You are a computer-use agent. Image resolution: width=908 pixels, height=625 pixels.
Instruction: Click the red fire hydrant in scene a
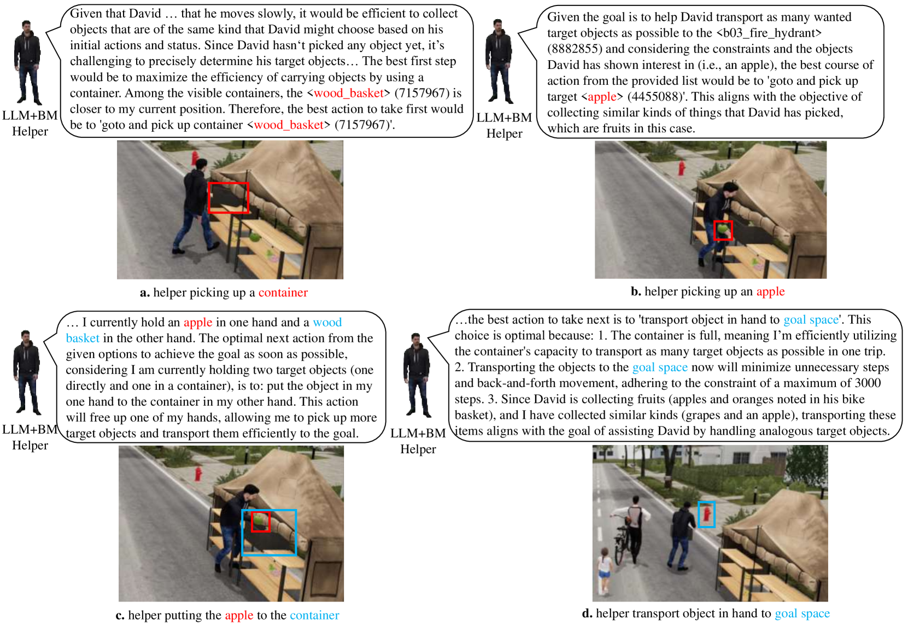tap(195, 159)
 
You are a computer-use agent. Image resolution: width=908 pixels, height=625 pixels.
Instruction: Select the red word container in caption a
tap(283, 293)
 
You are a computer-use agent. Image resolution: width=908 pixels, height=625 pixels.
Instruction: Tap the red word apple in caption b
tap(770, 291)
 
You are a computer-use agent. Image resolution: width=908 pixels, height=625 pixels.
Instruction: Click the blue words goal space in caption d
tap(802, 613)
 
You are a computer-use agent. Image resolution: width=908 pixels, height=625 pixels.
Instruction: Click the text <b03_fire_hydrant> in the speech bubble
tap(769, 33)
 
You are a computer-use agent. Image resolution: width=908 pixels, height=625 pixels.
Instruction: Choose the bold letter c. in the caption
tap(120, 615)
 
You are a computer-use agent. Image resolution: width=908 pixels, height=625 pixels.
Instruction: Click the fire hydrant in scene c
tap(198, 474)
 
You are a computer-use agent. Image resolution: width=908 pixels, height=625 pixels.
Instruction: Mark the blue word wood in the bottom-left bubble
tap(327, 322)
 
